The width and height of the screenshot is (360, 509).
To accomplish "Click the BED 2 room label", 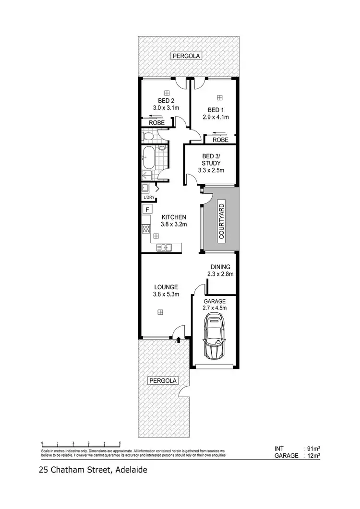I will click(166, 101).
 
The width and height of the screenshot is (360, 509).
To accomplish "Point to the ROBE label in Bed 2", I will click(156, 123).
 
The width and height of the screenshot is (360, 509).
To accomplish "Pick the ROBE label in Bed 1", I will click(220, 140).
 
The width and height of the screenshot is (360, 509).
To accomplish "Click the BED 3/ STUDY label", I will click(211, 160).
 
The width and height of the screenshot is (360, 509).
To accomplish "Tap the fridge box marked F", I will click(147, 209).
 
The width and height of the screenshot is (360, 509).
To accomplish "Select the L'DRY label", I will click(148, 197).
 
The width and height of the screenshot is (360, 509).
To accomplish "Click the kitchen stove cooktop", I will click(146, 229).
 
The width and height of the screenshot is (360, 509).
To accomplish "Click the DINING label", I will click(220, 267).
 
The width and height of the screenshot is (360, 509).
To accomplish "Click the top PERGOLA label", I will click(186, 56).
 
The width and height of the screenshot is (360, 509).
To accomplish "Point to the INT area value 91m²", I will click(312, 449).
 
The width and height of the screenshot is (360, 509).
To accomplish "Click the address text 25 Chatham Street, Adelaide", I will click(93, 471).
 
